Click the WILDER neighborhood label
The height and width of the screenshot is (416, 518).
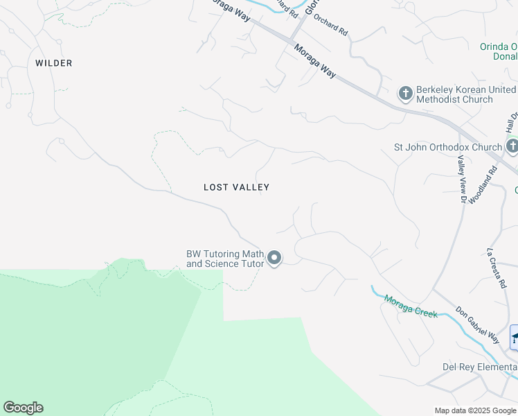tap(54, 63)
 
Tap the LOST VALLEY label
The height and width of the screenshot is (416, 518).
tap(236, 187)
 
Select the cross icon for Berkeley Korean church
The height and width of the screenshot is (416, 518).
tap(405, 93)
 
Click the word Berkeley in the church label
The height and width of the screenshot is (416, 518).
tap(436, 90)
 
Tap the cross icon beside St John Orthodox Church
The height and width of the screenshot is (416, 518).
tap(512, 147)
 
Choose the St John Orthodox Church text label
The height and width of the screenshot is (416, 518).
tap(447, 147)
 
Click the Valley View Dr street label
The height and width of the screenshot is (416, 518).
tap(461, 179)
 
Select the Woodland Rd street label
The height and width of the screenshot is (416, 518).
tap(483, 184)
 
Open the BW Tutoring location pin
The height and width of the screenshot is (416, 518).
tap(274, 259)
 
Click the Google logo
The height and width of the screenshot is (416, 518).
tap(23, 408)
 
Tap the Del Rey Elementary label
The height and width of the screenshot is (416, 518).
tap(480, 367)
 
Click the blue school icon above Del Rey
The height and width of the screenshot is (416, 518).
tap(515, 337)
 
